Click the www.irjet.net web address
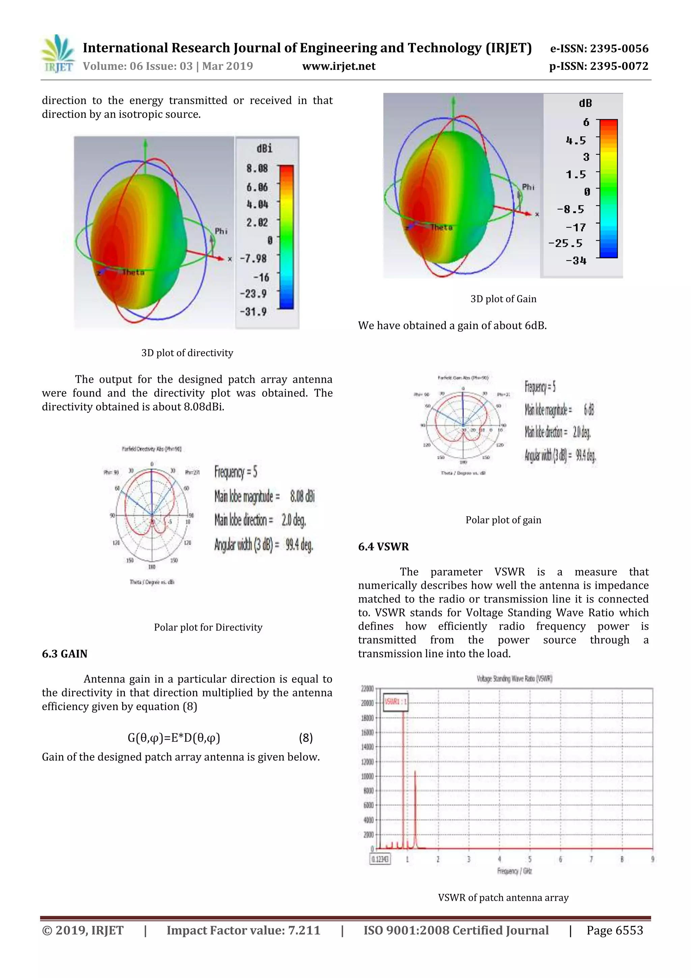point(338,67)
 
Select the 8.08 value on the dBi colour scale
point(257,169)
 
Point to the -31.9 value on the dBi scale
point(253,312)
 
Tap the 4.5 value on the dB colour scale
point(576,140)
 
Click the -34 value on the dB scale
point(576,261)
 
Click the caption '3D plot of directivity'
point(187,353)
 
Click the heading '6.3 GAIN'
point(64,654)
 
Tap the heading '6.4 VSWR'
point(383,547)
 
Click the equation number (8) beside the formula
point(306,738)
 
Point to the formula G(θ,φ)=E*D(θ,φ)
point(174,738)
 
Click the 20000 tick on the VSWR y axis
point(367,703)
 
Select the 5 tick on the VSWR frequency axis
point(530,859)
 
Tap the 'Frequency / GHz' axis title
point(514,871)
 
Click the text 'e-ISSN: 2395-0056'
point(599,49)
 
